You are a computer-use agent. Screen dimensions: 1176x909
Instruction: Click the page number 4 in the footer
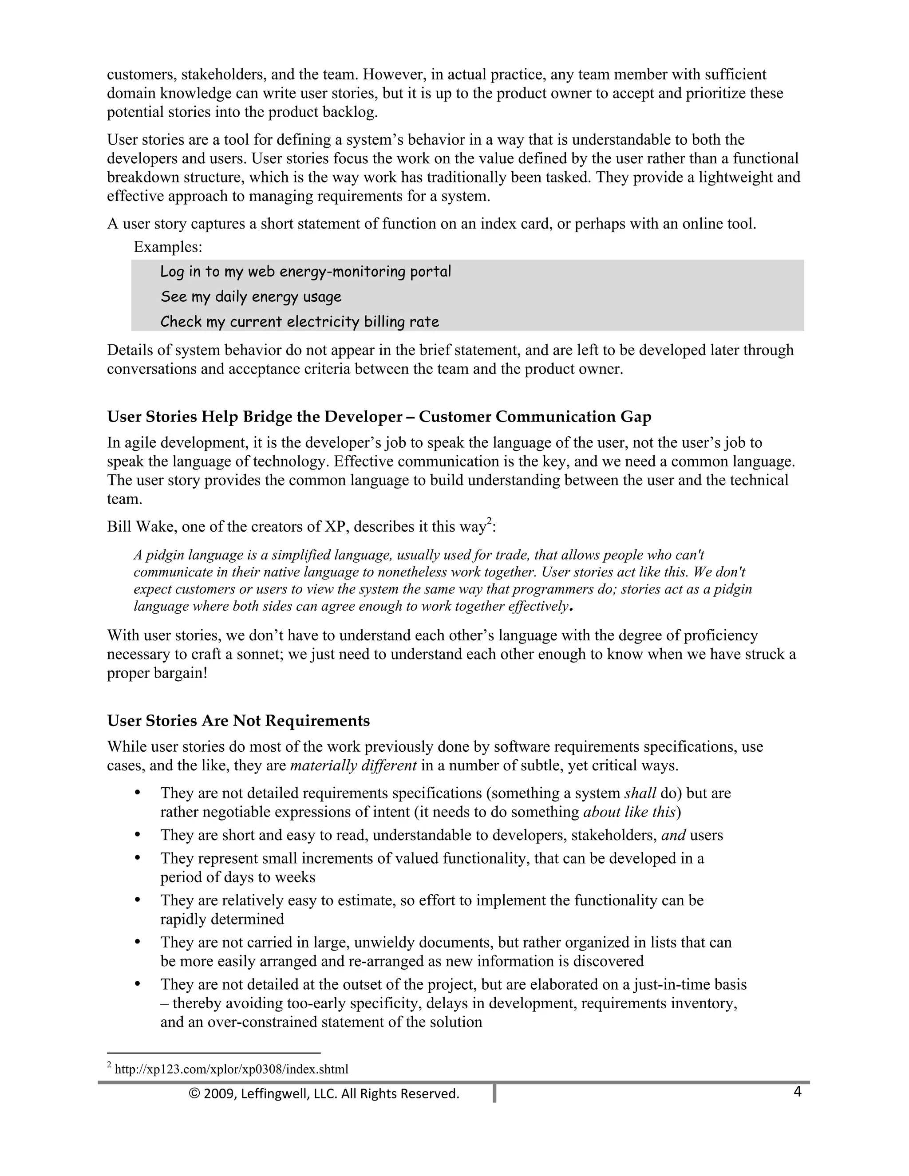pyautogui.click(x=797, y=1092)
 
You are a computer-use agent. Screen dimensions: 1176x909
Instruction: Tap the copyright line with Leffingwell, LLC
pyautogui.click(x=324, y=1093)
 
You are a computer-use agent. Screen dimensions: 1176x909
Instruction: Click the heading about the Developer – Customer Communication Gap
pyautogui.click(x=379, y=417)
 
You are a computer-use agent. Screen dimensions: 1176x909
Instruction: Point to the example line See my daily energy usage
pyautogui.click(x=251, y=297)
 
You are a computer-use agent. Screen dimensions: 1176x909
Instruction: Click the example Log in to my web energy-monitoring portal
pyautogui.click(x=305, y=272)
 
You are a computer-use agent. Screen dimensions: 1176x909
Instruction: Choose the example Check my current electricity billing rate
pyautogui.click(x=300, y=322)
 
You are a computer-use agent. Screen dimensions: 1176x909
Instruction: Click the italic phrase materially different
pyautogui.click(x=353, y=766)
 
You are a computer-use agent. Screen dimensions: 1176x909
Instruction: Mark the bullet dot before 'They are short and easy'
pyautogui.click(x=137, y=835)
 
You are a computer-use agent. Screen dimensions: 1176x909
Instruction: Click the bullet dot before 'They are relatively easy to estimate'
pyautogui.click(x=137, y=900)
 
